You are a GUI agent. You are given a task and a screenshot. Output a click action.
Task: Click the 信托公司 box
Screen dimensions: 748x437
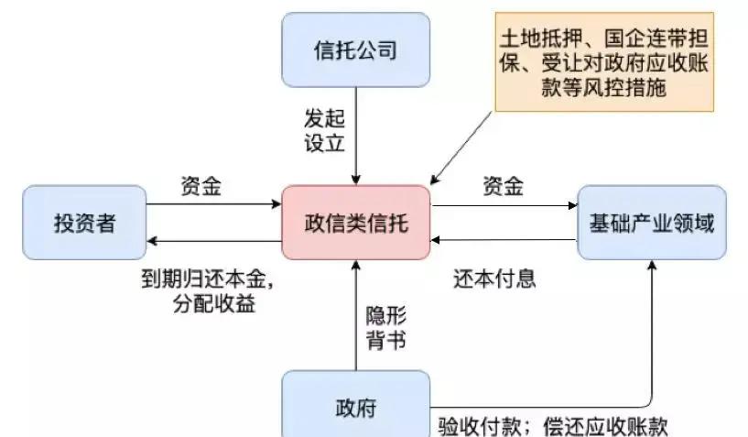coord(356,49)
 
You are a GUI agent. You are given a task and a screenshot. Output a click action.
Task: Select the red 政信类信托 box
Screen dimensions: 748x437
coord(356,223)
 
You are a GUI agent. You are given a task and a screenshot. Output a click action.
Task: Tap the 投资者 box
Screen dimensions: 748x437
coord(84,223)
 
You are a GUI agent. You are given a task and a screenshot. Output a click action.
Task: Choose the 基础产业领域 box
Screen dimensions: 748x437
coord(652,223)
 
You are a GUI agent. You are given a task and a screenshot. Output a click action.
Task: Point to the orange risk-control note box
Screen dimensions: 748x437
coord(604,62)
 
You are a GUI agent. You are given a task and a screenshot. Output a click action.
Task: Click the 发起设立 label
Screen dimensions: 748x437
coord(324,130)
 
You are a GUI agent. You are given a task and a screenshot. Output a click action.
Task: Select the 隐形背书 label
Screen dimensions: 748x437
coord(386,328)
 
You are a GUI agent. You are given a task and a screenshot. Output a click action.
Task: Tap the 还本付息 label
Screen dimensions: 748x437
coord(494,279)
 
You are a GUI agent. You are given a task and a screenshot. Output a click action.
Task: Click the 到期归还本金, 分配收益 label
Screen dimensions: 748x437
coord(208,290)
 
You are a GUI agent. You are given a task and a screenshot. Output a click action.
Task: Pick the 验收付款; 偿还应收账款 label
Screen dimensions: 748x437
coord(553,426)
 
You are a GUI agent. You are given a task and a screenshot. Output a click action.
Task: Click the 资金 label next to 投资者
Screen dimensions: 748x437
coord(201,186)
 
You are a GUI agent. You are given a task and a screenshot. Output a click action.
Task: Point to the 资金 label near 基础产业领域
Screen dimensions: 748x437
coord(504,186)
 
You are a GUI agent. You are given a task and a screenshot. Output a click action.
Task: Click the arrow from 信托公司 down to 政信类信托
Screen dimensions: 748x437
coord(356,137)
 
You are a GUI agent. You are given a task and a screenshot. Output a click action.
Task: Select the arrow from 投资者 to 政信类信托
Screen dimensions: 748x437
coord(214,204)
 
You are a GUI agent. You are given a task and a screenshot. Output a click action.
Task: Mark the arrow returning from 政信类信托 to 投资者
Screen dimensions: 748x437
coord(214,241)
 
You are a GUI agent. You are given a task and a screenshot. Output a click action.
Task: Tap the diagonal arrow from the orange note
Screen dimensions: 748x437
coord(461,148)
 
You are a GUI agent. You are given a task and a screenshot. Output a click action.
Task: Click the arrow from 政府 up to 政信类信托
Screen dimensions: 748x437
coord(356,315)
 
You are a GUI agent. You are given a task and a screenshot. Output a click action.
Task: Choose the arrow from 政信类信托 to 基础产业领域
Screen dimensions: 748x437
coord(504,205)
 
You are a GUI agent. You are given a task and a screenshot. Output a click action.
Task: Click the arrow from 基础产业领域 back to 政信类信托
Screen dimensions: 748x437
coord(504,240)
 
